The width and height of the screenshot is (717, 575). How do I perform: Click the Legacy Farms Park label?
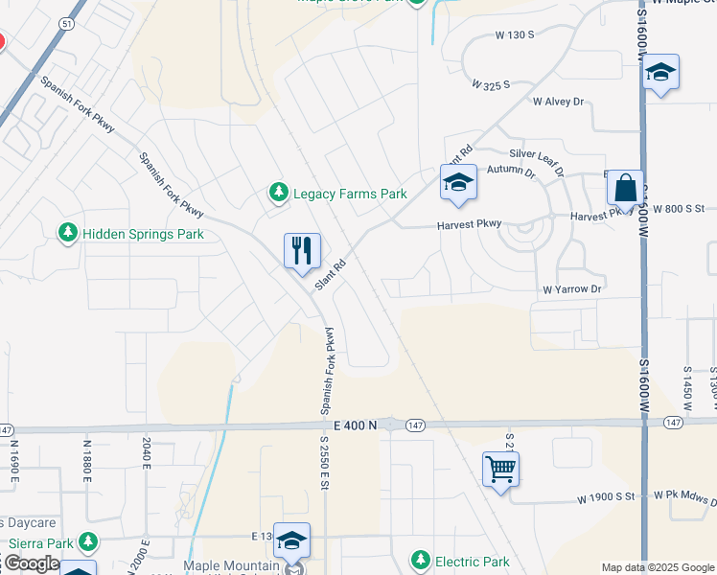point(350,194)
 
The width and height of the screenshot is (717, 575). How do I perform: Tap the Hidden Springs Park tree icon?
point(67,233)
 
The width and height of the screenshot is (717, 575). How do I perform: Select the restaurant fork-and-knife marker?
point(302,250)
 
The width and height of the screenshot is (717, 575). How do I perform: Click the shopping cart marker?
point(500,470)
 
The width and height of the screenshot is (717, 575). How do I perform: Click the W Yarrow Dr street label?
point(571,288)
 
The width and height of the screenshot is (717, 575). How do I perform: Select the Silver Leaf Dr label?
point(537,153)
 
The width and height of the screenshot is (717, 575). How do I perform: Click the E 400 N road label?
point(358,424)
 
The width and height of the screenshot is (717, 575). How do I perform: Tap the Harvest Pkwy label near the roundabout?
point(470,224)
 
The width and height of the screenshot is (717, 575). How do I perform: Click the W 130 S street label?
point(514,35)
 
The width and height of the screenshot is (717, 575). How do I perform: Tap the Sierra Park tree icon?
point(88,543)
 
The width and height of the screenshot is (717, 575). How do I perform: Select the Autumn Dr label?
point(510,172)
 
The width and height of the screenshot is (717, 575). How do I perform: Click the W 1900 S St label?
point(607,499)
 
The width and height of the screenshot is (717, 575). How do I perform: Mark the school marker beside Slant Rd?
point(458,182)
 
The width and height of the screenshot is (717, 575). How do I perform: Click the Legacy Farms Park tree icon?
point(278,194)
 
